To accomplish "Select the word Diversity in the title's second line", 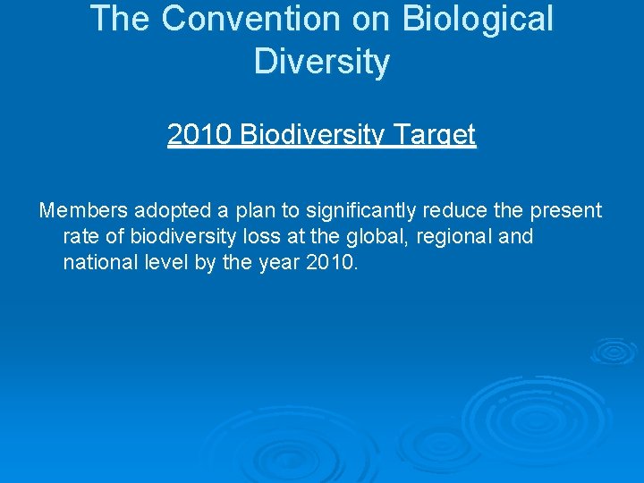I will click(x=322, y=63).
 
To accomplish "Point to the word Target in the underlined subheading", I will click(x=438, y=135).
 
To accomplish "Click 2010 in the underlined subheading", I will click(x=197, y=135).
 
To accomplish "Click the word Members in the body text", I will click(x=83, y=210).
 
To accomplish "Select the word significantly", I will click(x=360, y=211).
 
